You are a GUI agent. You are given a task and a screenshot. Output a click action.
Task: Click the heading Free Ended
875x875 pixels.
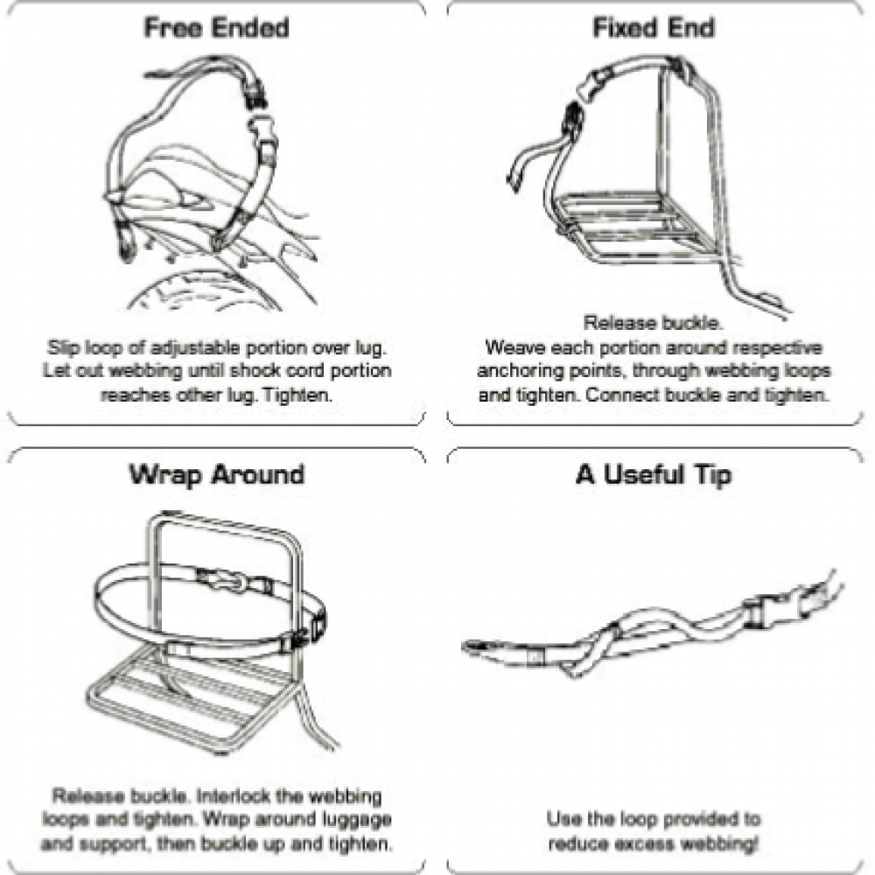215,28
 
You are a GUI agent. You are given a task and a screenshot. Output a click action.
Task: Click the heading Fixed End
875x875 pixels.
653,28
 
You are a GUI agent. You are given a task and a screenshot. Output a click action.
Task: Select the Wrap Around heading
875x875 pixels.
217,475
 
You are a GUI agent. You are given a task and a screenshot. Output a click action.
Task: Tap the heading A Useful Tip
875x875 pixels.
653,475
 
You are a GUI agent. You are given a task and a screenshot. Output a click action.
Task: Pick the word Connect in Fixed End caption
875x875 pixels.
626,395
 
